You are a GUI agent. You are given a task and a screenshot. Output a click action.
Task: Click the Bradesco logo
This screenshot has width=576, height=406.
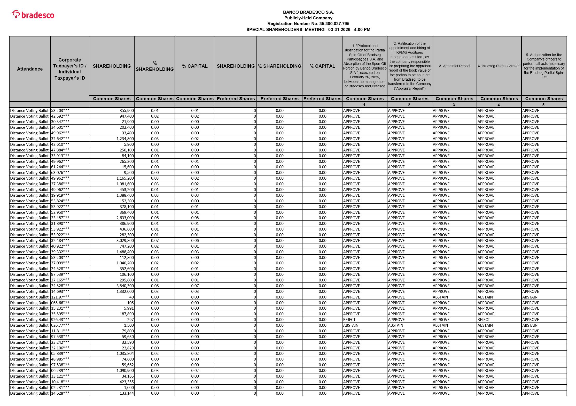33,15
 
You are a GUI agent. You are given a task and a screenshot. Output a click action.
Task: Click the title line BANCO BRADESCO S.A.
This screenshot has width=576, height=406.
308,12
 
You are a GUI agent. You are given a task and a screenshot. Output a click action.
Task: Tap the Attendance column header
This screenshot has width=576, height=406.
30,69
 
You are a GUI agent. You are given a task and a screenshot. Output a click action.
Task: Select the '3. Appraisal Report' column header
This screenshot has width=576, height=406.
454,66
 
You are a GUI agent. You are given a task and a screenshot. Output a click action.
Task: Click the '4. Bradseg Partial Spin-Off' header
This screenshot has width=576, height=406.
499,66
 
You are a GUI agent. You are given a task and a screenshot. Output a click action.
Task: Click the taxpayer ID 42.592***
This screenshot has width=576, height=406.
60,116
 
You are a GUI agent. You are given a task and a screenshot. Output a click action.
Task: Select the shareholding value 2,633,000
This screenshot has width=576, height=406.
125,218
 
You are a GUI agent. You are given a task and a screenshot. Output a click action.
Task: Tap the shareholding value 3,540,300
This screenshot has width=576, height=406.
125,286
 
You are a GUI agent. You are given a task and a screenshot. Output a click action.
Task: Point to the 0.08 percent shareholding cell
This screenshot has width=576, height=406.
155,286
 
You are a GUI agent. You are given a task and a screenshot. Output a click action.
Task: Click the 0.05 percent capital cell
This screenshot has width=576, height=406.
195,218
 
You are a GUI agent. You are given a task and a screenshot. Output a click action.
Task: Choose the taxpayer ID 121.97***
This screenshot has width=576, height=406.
60,297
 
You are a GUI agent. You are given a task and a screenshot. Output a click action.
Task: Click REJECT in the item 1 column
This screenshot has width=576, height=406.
349,320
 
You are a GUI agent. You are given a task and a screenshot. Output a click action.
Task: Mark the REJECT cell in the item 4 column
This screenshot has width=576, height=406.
484,320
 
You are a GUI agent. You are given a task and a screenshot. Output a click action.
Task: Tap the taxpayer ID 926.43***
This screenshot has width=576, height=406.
60,320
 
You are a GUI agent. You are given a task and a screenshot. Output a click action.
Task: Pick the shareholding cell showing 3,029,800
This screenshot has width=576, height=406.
125,240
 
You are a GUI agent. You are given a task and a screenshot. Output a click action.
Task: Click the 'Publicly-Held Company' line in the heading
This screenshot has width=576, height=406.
308,18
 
